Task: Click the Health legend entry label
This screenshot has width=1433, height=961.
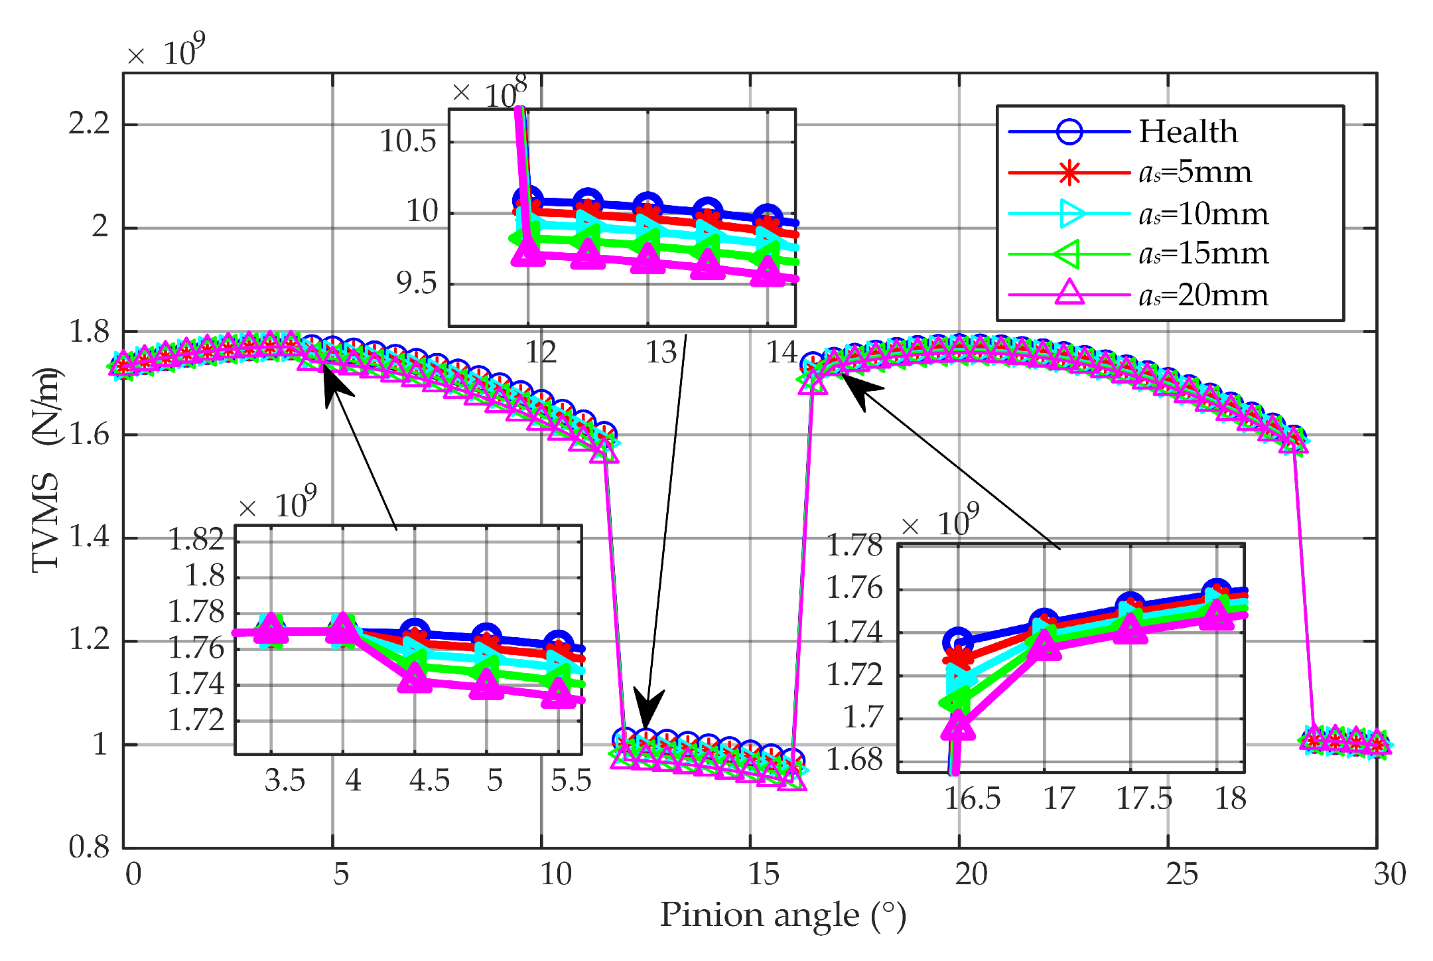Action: point(1188,131)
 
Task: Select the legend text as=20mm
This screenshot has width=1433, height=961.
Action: point(1203,295)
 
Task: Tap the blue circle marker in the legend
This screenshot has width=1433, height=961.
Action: point(1069,131)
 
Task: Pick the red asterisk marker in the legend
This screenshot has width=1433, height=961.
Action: point(1069,173)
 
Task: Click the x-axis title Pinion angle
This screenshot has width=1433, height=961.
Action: point(782,915)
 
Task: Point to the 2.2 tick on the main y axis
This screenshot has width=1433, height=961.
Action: point(89,123)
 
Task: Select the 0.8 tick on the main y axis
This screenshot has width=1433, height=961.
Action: point(89,847)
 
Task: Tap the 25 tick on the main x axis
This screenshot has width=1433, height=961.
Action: point(1182,874)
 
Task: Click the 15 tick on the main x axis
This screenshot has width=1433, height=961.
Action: point(763,874)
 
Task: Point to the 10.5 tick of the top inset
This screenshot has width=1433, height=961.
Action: point(407,141)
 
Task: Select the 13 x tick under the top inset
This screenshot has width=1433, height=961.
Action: point(661,352)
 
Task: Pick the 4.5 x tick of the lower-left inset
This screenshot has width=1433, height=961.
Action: point(429,780)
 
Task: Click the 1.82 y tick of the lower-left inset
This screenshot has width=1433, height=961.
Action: point(196,539)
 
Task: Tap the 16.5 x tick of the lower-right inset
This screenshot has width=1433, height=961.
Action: point(972,798)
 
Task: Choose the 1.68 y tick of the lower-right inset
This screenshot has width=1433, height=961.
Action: point(854,760)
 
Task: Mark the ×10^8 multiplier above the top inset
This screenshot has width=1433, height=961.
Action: point(491,93)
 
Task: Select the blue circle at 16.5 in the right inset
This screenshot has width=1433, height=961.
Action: point(957,642)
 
